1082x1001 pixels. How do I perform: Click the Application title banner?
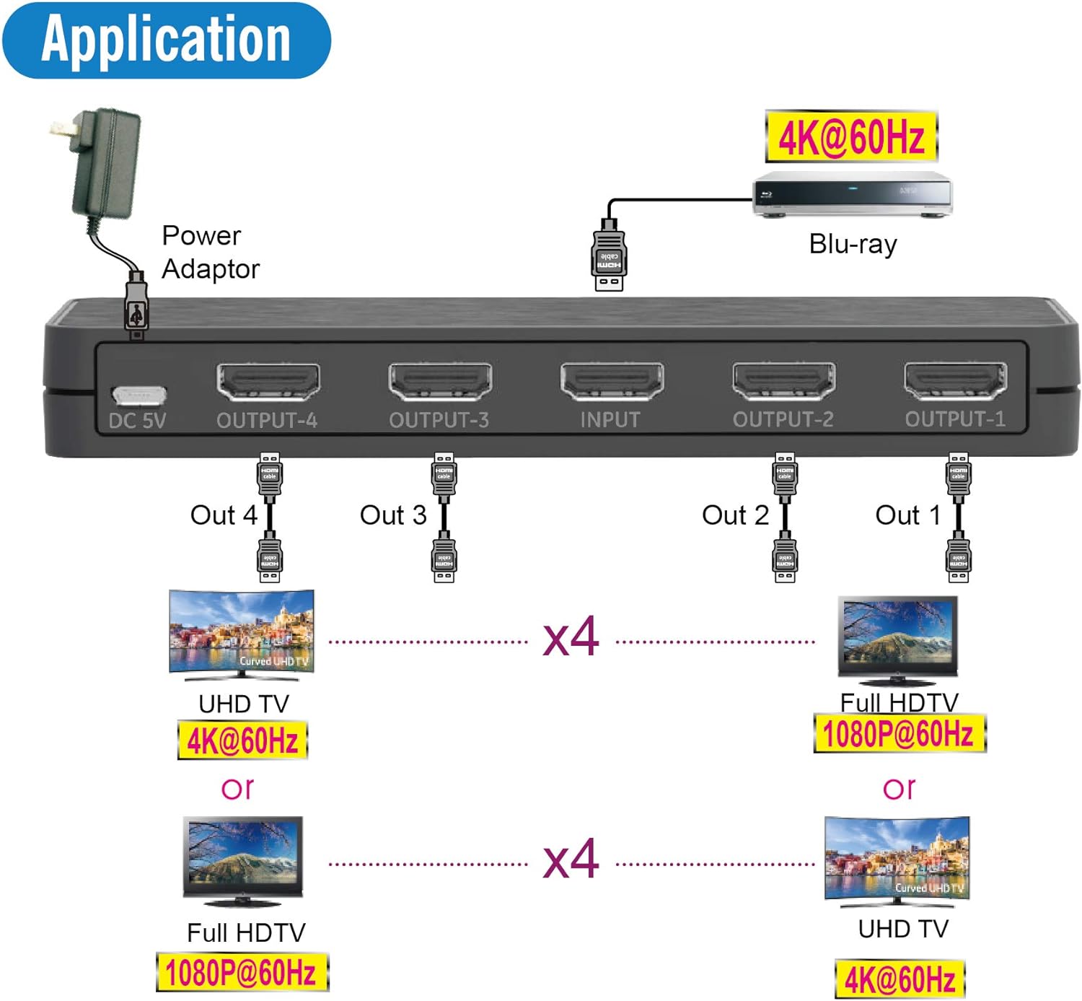point(166,40)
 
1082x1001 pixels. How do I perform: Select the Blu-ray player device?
point(853,193)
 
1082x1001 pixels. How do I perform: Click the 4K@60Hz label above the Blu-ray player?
point(851,136)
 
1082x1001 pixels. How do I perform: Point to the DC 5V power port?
point(138,395)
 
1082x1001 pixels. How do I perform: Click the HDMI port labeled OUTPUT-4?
point(268,382)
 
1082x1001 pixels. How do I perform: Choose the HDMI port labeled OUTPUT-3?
point(439,382)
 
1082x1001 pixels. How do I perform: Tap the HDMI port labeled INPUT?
point(612,382)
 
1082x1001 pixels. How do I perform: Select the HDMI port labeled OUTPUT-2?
point(783,381)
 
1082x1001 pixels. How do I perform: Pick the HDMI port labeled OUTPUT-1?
point(955,381)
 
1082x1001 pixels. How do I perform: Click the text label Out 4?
point(224,515)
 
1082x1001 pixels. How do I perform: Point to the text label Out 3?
point(393,515)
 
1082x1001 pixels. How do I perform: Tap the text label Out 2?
point(735,515)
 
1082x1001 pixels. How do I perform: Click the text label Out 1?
point(907,515)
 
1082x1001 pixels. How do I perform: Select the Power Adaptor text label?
point(209,252)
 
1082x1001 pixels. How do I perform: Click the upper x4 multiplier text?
point(571,637)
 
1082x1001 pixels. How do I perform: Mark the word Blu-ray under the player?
point(853,244)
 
